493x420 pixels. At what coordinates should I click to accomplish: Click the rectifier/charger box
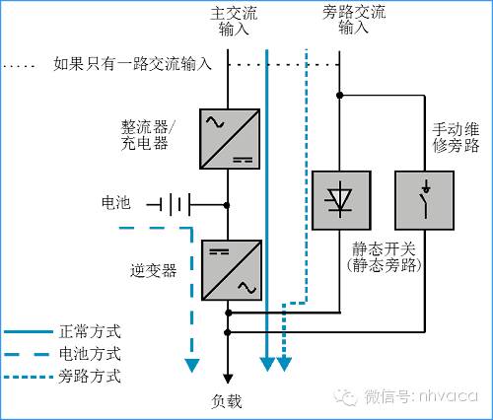[x=228, y=139]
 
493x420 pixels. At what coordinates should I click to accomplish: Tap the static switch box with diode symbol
[x=339, y=199]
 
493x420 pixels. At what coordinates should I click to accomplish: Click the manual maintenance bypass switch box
[x=424, y=199]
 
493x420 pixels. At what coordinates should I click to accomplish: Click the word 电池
[x=116, y=203]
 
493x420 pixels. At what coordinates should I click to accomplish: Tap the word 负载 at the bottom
[x=227, y=400]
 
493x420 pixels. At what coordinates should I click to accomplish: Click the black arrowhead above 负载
[x=228, y=377]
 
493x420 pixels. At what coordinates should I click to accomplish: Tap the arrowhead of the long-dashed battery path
[x=191, y=368]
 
